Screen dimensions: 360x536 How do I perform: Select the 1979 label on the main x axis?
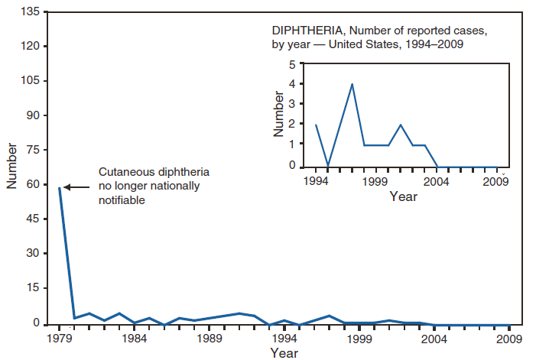tap(59, 338)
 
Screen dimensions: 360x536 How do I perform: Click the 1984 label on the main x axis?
tap(134, 338)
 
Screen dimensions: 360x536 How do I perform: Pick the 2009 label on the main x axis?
tap(508, 338)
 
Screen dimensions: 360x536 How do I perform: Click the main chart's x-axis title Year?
tap(284, 352)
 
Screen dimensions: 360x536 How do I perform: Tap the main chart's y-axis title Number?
tap(12, 165)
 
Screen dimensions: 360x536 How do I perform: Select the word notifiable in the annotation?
tap(122, 199)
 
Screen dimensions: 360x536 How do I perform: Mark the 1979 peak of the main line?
tap(60, 187)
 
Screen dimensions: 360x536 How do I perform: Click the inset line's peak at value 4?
tap(352, 84)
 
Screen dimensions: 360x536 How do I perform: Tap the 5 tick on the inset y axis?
tap(292, 64)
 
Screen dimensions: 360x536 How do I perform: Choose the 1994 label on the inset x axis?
tap(314, 181)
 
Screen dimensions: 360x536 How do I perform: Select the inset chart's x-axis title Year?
tap(403, 196)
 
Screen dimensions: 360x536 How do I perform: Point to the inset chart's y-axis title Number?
tap(278, 115)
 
